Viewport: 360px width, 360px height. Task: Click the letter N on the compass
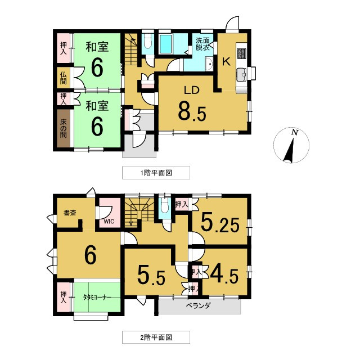pyautogui.click(x=294, y=132)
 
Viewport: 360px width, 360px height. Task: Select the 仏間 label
pyautogui.click(x=64, y=78)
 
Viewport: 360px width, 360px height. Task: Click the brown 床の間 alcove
pyautogui.click(x=64, y=128)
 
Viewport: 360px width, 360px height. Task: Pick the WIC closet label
pyautogui.click(x=109, y=222)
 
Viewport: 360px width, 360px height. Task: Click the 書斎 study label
pyautogui.click(x=70, y=213)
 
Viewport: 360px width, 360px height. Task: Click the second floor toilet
pyautogui.click(x=165, y=208)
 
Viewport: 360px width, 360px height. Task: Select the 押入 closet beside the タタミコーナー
pyautogui.click(x=64, y=296)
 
